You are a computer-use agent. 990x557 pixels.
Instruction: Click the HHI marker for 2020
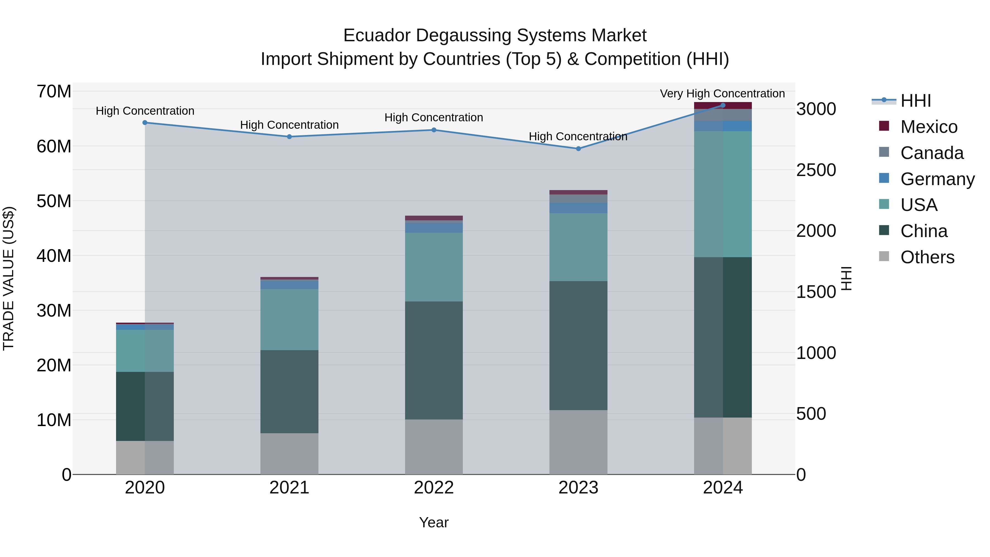tap(145, 123)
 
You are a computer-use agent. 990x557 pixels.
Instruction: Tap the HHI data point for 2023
tap(578, 149)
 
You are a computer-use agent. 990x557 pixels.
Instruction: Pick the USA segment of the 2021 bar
tap(289, 319)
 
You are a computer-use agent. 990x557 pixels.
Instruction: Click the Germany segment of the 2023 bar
tap(578, 208)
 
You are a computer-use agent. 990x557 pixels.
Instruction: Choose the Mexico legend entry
tap(928, 127)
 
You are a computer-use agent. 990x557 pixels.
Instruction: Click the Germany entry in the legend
tap(937, 179)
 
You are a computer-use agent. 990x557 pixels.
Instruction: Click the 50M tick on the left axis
tap(54, 201)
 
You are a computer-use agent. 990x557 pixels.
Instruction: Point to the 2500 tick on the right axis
tap(816, 170)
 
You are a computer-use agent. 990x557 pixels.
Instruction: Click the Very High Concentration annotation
tap(722, 94)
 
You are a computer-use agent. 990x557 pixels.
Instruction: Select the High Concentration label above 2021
tap(289, 125)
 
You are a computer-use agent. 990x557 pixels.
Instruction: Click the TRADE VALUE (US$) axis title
tap(9, 278)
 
